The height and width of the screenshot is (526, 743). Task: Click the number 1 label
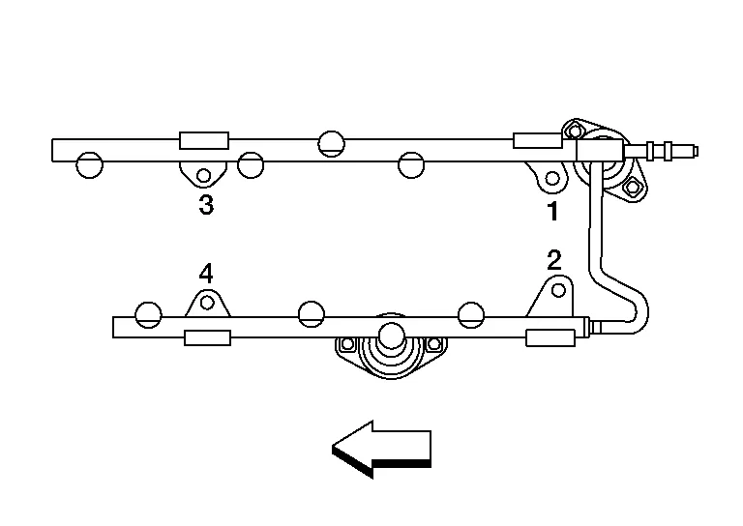553,211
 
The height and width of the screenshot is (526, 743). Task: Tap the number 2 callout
553,259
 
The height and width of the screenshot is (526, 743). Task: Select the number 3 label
205,205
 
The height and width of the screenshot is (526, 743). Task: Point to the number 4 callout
205,274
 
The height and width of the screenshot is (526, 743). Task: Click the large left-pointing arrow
381,448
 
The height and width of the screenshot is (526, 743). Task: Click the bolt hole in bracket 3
204,175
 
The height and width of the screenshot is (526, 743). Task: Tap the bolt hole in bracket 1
552,179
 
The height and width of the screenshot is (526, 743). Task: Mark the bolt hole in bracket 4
206,303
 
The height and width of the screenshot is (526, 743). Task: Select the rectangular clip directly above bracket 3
204,141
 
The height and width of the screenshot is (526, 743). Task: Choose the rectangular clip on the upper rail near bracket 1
537,141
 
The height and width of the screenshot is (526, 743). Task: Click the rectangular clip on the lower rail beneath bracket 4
207,337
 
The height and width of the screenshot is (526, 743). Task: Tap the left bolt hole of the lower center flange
346,344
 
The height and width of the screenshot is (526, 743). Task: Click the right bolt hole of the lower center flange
432,344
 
